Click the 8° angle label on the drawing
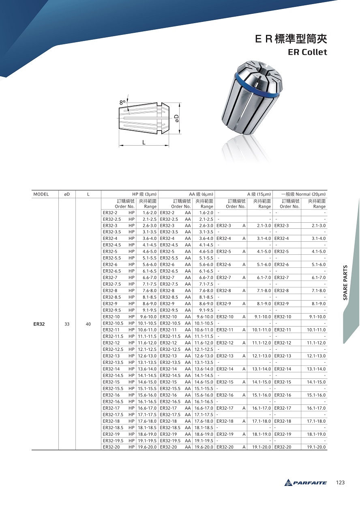pos(122,103)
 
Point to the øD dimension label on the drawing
pos(177,118)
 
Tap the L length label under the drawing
pos(144,142)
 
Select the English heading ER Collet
pos(307,52)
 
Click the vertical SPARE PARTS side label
pos(345,283)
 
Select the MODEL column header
pos(41,194)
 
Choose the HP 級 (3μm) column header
pos(144,194)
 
